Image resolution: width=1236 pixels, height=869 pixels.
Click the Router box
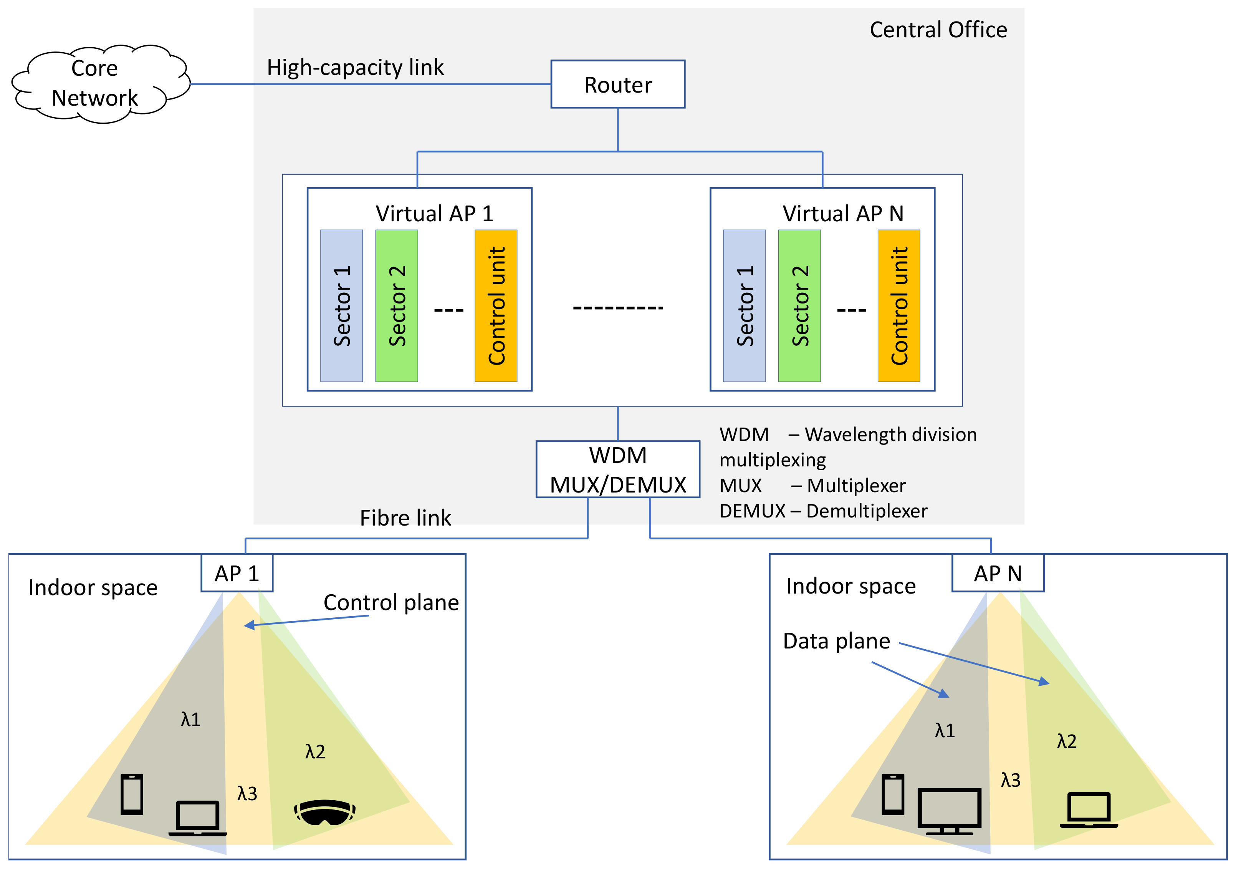click(x=617, y=84)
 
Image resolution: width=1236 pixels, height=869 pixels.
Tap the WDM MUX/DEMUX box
click(x=617, y=469)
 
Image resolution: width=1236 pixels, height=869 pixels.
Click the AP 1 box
click(x=237, y=573)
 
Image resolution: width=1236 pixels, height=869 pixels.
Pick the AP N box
click(x=998, y=573)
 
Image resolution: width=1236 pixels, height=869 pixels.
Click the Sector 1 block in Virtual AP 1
click(x=341, y=305)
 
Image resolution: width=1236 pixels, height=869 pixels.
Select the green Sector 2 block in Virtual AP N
click(x=799, y=305)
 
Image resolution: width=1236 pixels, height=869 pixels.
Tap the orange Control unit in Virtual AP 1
click(x=495, y=305)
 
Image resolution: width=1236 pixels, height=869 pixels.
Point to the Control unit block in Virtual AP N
click(x=898, y=305)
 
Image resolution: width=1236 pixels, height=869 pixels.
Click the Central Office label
click(x=938, y=30)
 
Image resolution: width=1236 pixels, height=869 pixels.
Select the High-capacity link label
click(x=355, y=67)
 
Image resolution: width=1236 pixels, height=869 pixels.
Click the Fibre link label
click(x=405, y=518)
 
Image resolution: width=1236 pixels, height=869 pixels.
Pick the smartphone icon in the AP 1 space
click(x=132, y=794)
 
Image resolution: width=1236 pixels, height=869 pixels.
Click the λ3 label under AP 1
click(x=247, y=793)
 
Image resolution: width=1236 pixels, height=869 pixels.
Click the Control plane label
click(x=391, y=602)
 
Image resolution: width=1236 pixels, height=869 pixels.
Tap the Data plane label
click(x=836, y=641)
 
